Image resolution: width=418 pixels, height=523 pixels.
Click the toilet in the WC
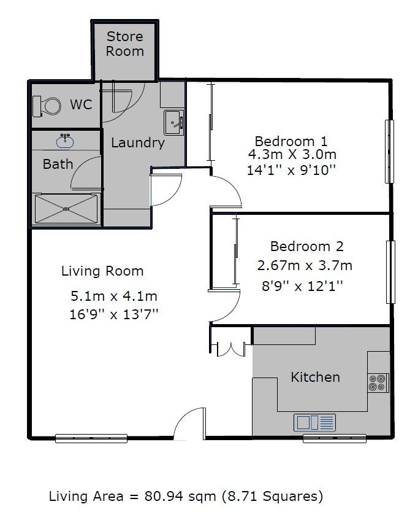click(x=47, y=106)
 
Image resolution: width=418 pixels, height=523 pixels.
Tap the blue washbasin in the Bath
click(x=65, y=141)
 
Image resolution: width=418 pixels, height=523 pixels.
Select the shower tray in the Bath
click(x=66, y=209)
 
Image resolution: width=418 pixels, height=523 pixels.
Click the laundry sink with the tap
click(x=173, y=122)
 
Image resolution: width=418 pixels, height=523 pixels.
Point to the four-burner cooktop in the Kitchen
click(x=378, y=382)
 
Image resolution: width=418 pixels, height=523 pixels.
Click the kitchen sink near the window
click(x=314, y=422)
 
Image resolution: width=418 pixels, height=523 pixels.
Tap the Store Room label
click(x=125, y=44)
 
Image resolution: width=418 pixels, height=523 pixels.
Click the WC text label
click(x=81, y=104)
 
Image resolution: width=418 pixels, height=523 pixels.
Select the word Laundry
click(x=138, y=143)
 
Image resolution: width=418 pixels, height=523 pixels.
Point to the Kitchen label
click(x=316, y=378)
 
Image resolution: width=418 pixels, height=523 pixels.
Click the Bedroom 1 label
click(x=291, y=141)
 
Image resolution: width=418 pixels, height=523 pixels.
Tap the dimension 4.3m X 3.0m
click(x=292, y=155)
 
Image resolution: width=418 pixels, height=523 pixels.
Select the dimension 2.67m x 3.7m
click(x=305, y=266)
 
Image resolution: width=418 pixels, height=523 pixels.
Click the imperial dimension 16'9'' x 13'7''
click(x=113, y=314)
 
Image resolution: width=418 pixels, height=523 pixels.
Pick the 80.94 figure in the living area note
click(x=164, y=497)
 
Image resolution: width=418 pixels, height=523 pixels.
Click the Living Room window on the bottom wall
click(x=91, y=438)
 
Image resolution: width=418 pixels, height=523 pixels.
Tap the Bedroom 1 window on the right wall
click(x=389, y=152)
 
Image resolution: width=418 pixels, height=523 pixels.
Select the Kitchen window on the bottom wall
click(x=335, y=438)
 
